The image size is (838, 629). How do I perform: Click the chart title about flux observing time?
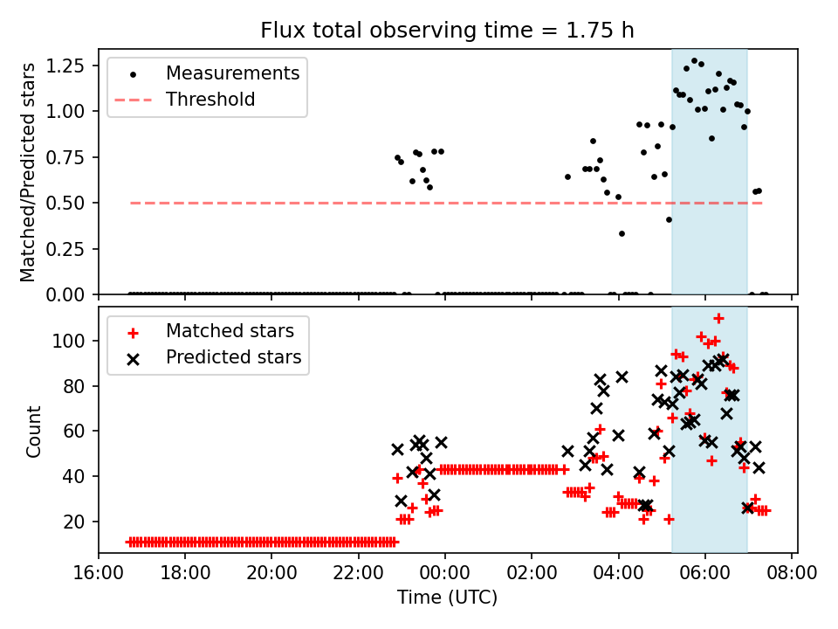[447, 30]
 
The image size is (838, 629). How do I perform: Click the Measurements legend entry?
[232, 73]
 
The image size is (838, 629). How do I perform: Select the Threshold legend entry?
[210, 100]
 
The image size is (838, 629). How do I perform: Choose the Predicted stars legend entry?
[233, 356]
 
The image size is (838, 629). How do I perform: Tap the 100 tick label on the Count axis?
[74, 341]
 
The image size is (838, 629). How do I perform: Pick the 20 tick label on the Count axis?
[79, 522]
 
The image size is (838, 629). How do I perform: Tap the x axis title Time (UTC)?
[447, 598]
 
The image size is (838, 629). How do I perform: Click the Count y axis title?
[34, 431]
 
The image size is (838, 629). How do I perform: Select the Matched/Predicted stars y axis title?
[29, 172]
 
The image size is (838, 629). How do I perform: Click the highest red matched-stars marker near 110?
[718, 319]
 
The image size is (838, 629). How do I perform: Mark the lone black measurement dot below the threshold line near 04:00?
[622, 233]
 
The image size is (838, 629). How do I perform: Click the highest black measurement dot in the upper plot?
[694, 61]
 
